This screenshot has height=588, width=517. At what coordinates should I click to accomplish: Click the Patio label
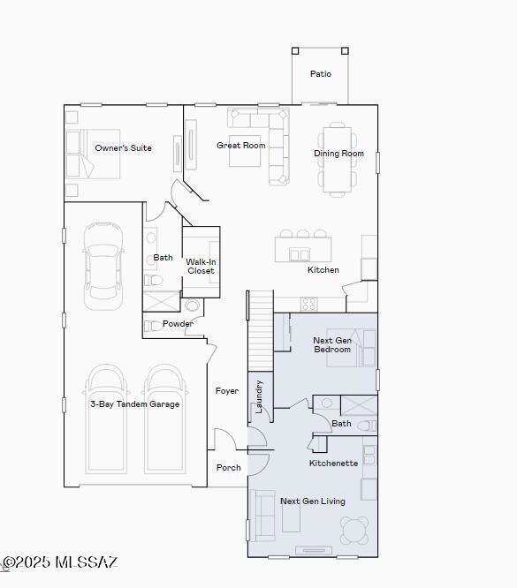[x=320, y=74]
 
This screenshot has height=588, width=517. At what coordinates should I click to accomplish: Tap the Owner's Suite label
[x=123, y=148]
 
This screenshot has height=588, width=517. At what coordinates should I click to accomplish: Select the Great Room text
[x=241, y=146]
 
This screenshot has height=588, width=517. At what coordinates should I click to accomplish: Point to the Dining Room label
[x=338, y=154]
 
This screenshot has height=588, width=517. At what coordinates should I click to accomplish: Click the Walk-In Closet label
[x=201, y=266]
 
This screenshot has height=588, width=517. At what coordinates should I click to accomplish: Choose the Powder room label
[x=178, y=324]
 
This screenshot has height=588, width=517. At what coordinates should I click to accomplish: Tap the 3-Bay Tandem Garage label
[x=134, y=404]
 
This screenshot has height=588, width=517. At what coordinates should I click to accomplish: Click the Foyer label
[x=227, y=391]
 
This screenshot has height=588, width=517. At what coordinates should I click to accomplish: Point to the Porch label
[x=229, y=468]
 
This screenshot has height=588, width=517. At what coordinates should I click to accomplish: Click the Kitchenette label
[x=333, y=464]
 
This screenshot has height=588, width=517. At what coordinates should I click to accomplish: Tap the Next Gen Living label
[x=313, y=501]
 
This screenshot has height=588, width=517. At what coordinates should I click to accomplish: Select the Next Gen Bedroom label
[x=332, y=344]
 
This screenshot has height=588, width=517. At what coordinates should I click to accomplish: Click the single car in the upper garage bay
[x=103, y=265]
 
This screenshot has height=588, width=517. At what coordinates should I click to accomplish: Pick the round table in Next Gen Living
[x=354, y=530]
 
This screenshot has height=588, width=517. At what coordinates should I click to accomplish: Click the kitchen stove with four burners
[x=308, y=304]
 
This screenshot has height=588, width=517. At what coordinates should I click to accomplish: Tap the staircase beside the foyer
[x=260, y=331]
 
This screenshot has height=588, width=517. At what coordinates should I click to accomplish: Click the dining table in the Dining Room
[x=338, y=159]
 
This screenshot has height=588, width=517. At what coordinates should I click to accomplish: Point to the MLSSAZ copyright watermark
[x=59, y=562]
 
